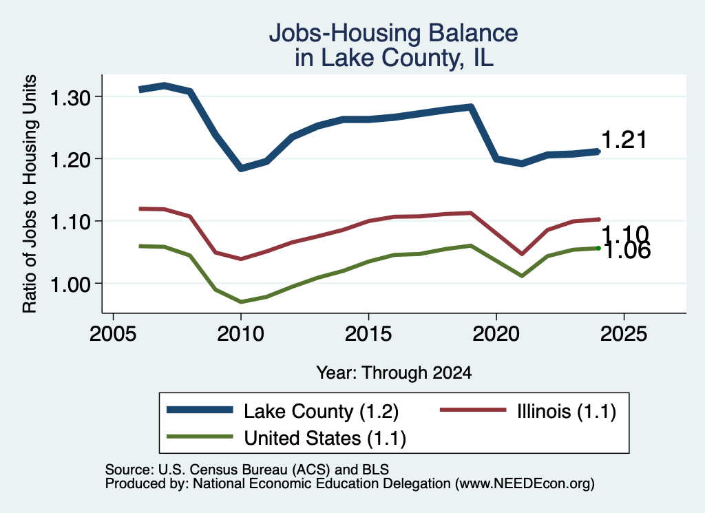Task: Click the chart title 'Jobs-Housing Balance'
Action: (393, 33)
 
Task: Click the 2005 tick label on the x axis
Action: (113, 333)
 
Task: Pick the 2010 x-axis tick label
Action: (240, 333)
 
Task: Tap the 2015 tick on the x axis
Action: (368, 333)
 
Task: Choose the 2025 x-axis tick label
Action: (624, 333)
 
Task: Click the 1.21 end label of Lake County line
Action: (624, 140)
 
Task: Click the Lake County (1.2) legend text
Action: (321, 411)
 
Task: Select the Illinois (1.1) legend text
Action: (567, 411)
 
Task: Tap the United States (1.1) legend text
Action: (325, 438)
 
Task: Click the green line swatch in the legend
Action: (200, 436)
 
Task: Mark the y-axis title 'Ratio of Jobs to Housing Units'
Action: (30, 193)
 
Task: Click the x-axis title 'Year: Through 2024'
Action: (394, 373)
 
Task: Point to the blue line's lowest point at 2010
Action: (241, 168)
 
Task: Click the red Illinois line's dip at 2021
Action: (522, 254)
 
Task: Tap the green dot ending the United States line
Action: (598, 248)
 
